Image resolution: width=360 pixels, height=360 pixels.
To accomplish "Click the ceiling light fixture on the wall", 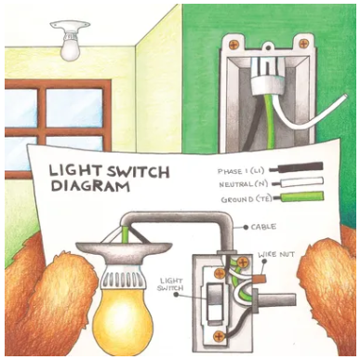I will click(70, 43).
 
